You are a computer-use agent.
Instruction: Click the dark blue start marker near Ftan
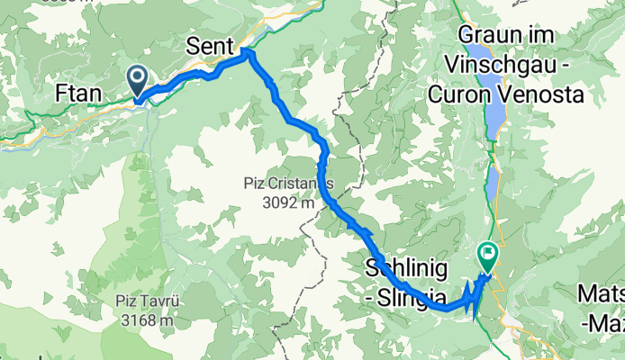click(138, 80)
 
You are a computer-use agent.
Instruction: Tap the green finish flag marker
click(487, 256)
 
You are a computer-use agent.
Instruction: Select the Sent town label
click(210, 45)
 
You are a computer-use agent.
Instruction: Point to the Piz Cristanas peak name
click(288, 184)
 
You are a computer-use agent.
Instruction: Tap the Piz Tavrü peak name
click(145, 301)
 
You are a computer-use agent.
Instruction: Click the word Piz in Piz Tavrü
click(125, 301)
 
